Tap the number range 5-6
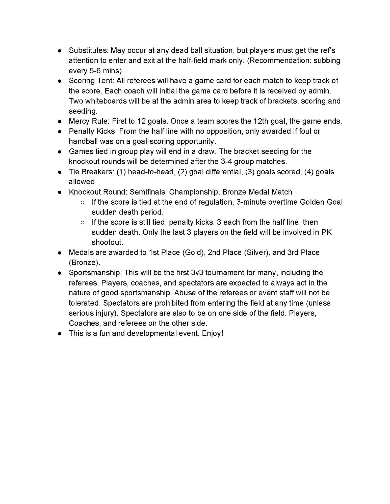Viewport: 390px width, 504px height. [x=95, y=71]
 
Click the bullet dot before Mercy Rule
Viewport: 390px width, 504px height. [x=60, y=121]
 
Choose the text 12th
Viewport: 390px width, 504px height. [x=261, y=121]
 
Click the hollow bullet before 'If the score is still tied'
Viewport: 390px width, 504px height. [x=83, y=223]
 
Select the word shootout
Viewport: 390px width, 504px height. [x=107, y=242]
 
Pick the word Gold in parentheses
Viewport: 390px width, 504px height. [x=193, y=253]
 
